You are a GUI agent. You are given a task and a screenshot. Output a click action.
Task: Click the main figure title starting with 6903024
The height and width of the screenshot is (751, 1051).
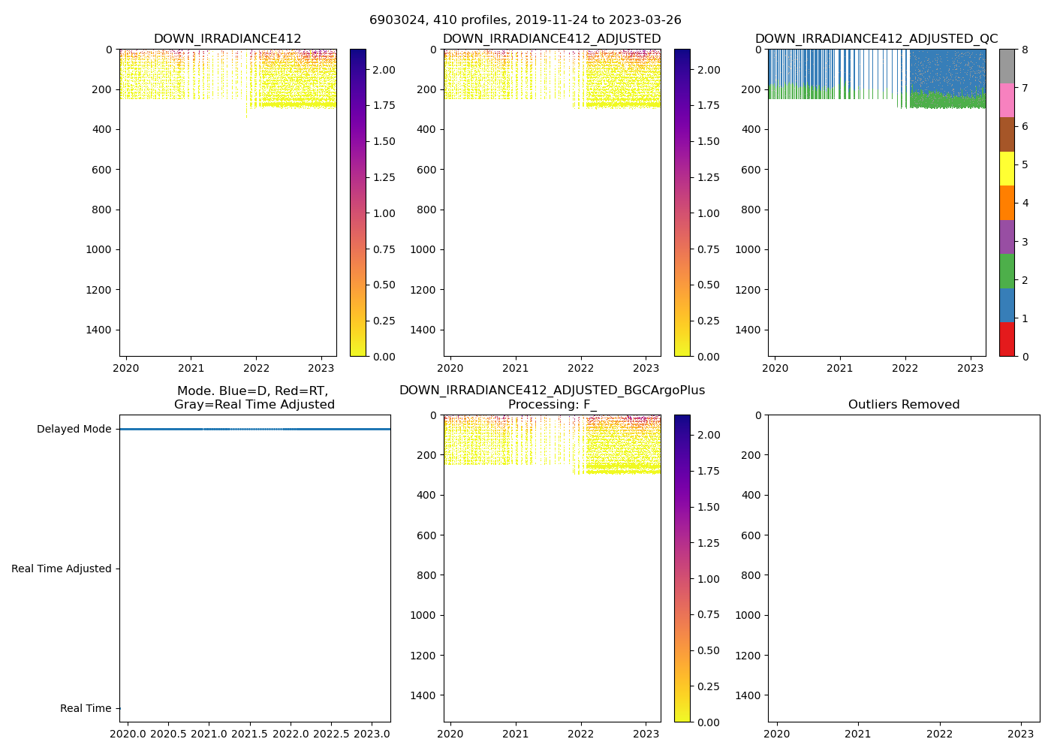point(525,20)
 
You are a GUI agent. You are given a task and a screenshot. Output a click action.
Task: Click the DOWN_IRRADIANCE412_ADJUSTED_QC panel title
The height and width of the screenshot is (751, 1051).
point(876,39)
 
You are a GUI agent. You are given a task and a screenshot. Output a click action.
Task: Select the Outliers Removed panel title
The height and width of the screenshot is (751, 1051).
point(903,405)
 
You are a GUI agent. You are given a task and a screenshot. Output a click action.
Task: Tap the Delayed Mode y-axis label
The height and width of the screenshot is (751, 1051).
point(74,430)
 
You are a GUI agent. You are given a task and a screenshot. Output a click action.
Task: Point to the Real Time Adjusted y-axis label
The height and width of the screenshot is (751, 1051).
point(62,569)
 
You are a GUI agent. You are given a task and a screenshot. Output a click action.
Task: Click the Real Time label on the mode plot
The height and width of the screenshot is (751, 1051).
point(86,709)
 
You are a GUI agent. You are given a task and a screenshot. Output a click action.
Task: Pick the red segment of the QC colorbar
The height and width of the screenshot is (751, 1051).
point(1007,339)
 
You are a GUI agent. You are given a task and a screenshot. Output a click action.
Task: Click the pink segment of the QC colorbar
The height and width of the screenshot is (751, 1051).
point(1007,100)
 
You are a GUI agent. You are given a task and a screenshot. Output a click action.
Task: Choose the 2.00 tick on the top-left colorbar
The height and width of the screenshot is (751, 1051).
point(384,70)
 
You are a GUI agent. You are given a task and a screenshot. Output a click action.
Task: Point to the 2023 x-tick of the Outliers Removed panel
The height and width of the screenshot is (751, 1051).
point(1020,733)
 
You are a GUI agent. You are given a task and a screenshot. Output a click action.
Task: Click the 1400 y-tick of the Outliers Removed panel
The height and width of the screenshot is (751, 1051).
point(747,695)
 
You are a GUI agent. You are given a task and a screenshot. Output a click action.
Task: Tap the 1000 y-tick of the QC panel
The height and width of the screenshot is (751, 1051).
point(747,250)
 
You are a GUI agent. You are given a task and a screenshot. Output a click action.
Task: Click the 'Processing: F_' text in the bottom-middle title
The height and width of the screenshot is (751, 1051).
point(552,405)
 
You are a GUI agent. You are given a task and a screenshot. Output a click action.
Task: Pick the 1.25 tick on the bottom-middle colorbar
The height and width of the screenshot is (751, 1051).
point(709,543)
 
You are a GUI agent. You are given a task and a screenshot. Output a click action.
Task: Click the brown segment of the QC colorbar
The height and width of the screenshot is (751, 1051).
point(1007,134)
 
